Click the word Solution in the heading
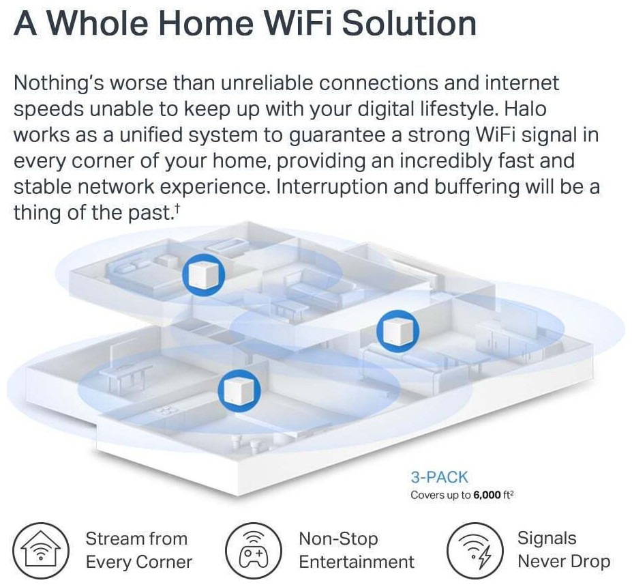point(409,23)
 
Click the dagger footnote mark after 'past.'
point(177,207)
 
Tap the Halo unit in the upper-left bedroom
point(204,275)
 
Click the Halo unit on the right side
point(398,331)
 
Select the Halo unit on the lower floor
point(239,390)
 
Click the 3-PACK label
point(439,477)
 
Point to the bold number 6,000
point(487,495)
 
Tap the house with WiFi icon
point(41,551)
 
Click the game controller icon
point(253,551)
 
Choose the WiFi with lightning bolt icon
point(475,551)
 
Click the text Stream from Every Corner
point(139,550)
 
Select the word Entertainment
point(357,562)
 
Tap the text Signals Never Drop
point(563,550)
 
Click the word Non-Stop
point(338,539)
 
